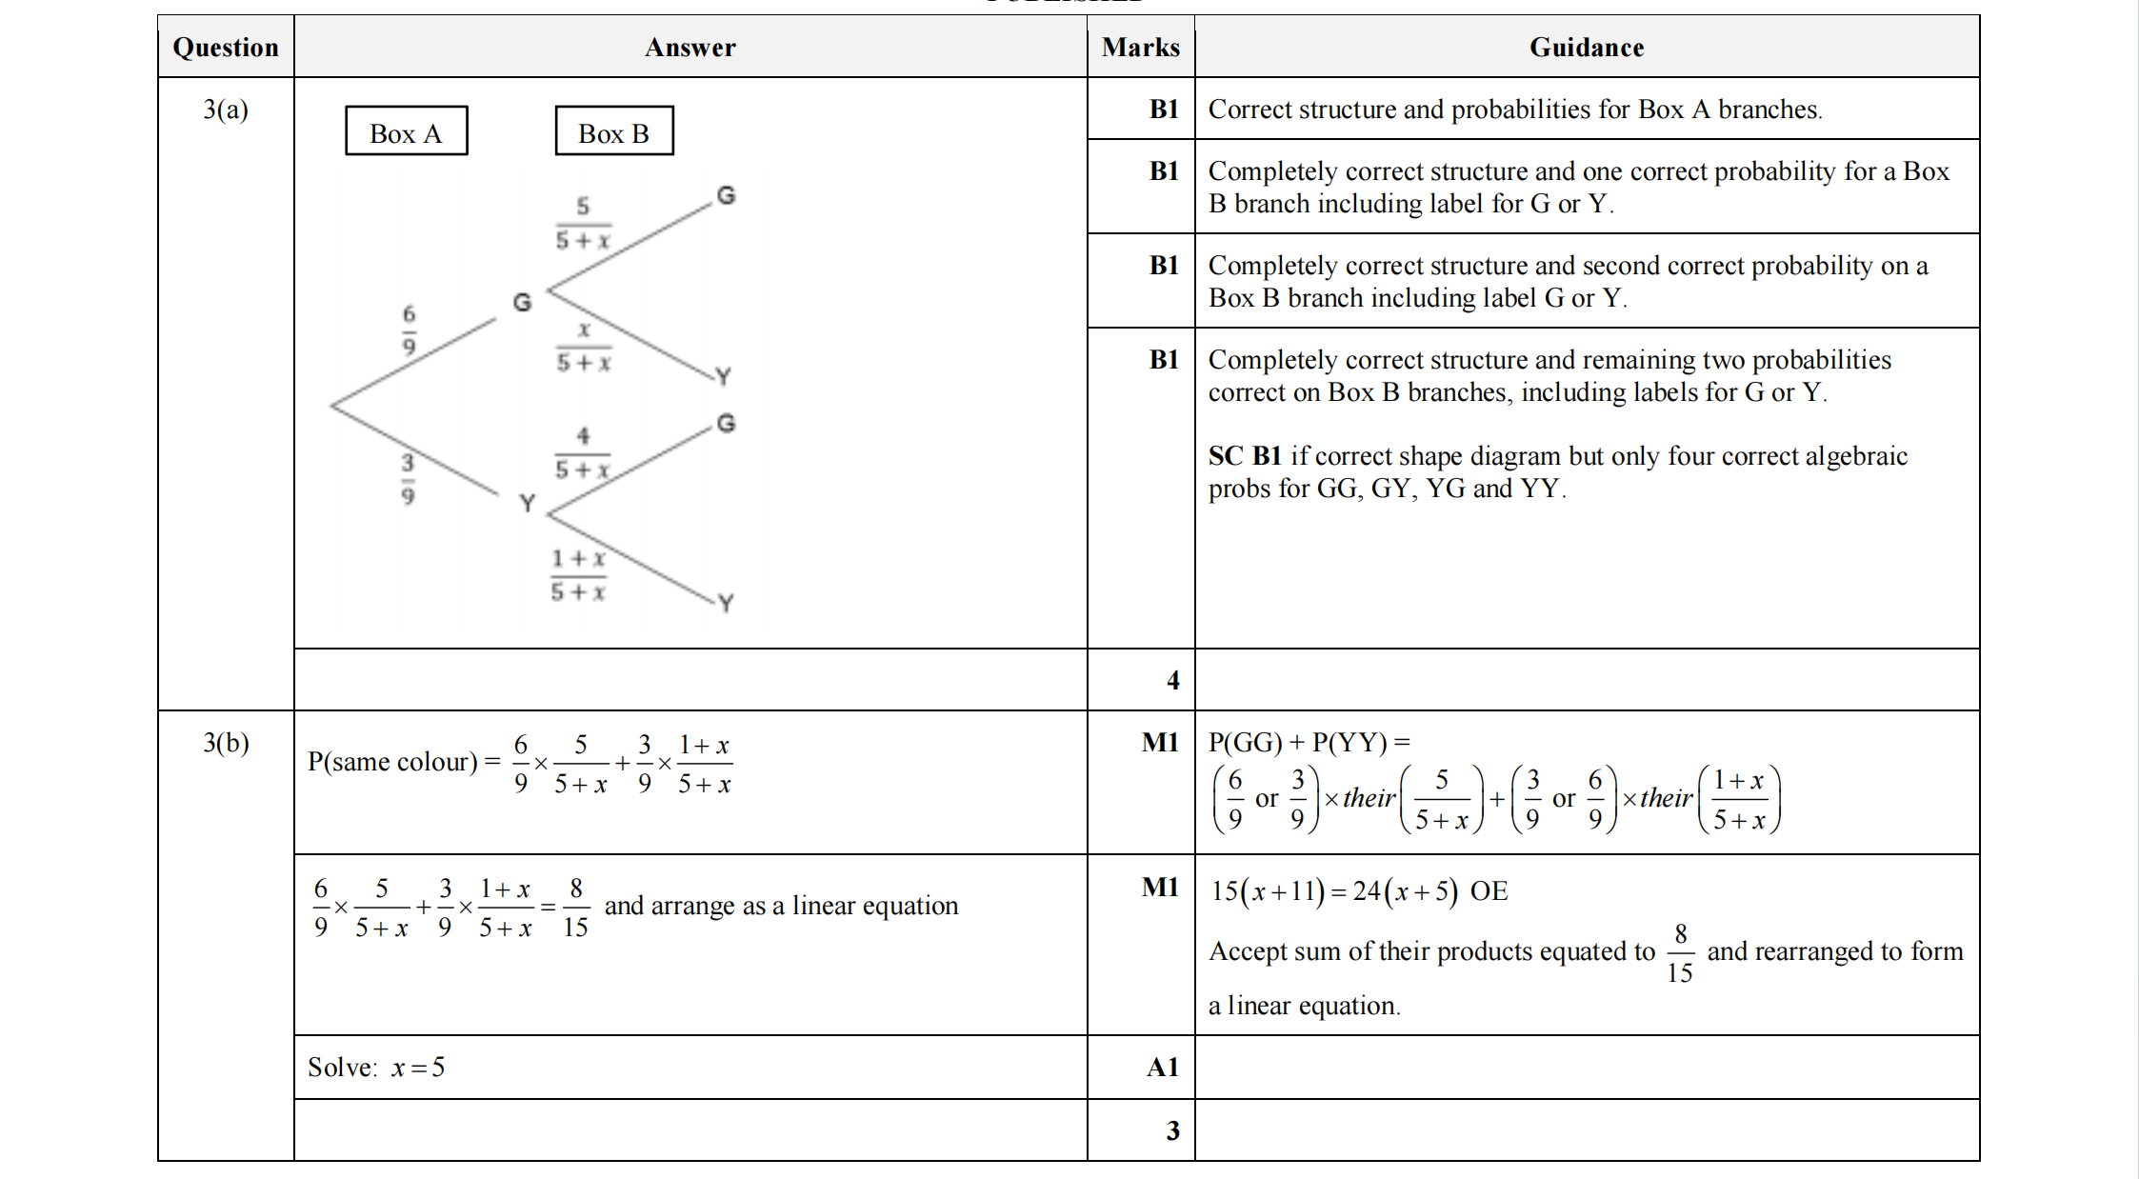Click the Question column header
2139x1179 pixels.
pyautogui.click(x=226, y=48)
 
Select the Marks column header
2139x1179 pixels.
pyautogui.click(x=1140, y=48)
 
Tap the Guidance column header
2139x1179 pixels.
pyautogui.click(x=1586, y=48)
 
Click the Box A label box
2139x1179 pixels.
pyautogui.click(x=406, y=131)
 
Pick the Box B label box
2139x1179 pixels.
pyautogui.click(x=614, y=131)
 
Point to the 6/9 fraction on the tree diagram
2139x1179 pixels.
pyautogui.click(x=410, y=330)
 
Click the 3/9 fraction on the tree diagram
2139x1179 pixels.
pyautogui.click(x=408, y=479)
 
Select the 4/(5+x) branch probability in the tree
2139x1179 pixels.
pyautogui.click(x=582, y=453)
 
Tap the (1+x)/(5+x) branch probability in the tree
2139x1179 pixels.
pyautogui.click(x=577, y=575)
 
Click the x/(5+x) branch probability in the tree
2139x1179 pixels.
pyautogui.click(x=584, y=347)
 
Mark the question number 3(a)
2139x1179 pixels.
pyautogui.click(x=226, y=110)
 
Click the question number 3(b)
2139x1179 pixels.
pyautogui.click(x=226, y=743)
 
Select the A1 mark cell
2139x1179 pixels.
pyautogui.click(x=1162, y=1068)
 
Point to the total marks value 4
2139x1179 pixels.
pyautogui.click(x=1172, y=680)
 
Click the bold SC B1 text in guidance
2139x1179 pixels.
pyautogui.click(x=1245, y=456)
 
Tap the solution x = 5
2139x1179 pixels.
pyautogui.click(x=376, y=1068)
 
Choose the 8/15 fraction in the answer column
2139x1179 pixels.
pyautogui.click(x=575, y=908)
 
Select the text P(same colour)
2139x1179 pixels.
pyautogui.click(x=391, y=762)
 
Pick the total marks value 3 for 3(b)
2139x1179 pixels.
pyautogui.click(x=1172, y=1130)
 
